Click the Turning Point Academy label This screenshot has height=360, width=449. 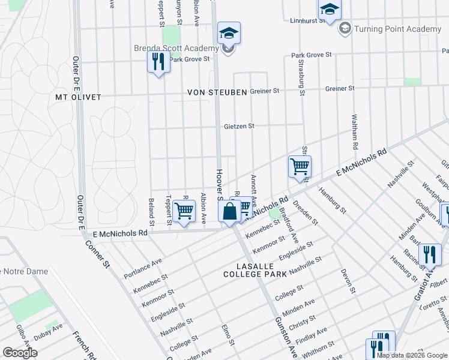397,29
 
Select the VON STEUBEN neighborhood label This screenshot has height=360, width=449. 217,92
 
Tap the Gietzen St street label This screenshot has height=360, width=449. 240,127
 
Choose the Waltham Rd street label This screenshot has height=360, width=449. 355,132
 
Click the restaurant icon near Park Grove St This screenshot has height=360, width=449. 158,62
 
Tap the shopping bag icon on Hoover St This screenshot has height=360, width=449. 229,211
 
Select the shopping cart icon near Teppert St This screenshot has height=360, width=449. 184,211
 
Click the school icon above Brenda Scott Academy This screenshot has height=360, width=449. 229,32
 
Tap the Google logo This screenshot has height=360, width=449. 20,353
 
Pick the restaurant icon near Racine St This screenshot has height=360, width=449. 429,254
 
